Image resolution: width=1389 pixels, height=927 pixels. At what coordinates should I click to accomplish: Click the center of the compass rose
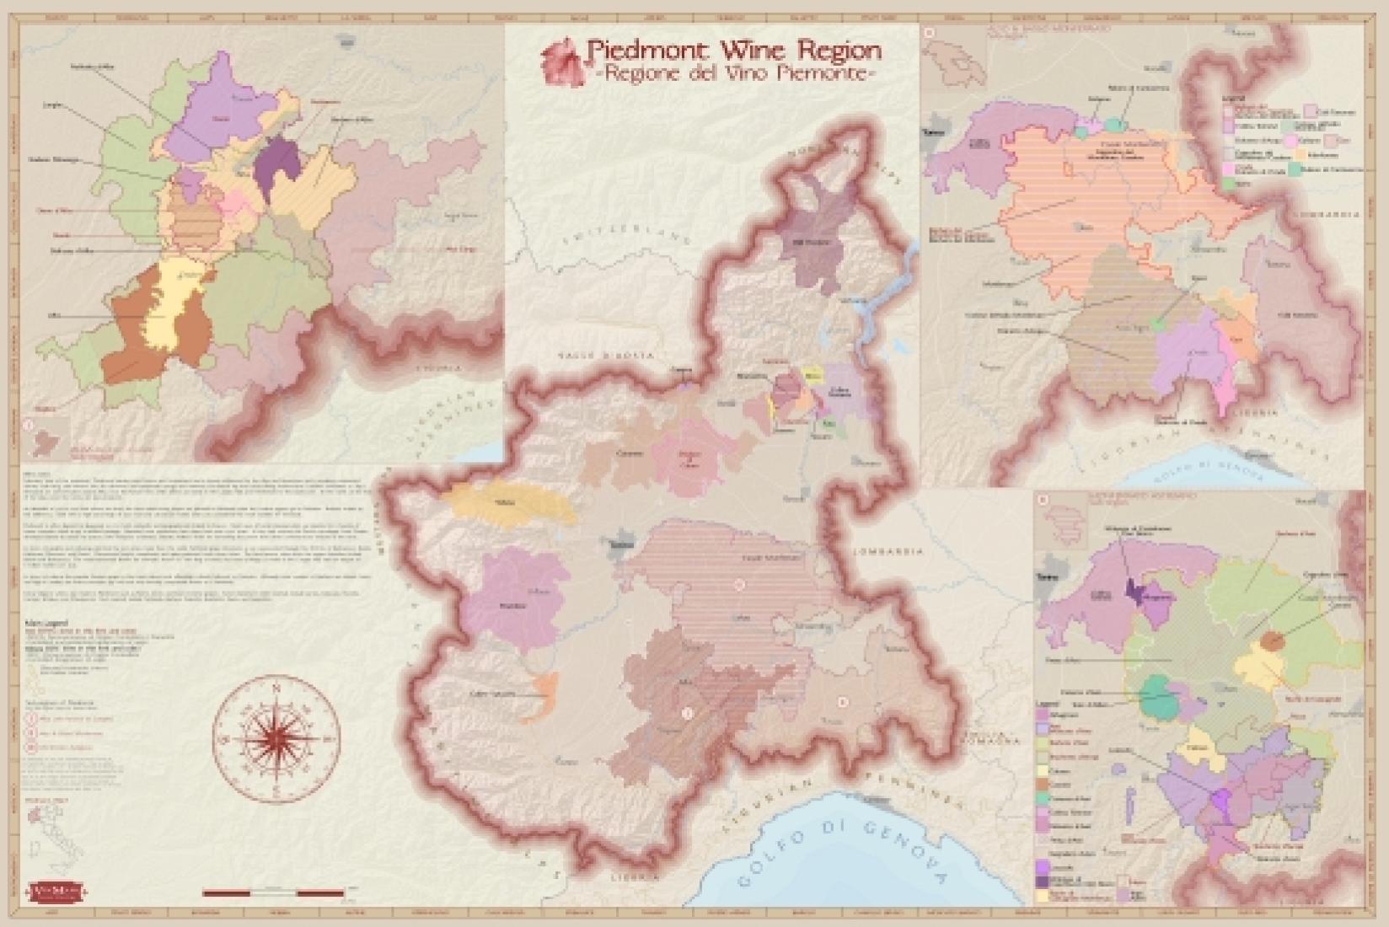pyautogui.click(x=276, y=740)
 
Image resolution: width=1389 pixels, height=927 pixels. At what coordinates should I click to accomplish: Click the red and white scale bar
pyautogui.click(x=274, y=892)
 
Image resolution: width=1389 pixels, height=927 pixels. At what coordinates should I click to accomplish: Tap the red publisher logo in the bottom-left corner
pyautogui.click(x=52, y=890)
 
